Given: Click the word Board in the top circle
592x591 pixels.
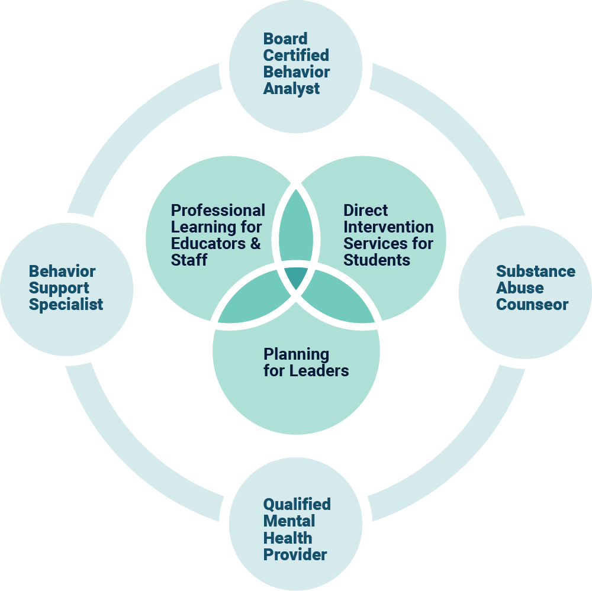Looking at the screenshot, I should (285, 39).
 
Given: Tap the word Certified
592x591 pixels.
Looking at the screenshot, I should (296, 56).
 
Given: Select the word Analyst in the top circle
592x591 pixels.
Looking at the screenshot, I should (291, 89).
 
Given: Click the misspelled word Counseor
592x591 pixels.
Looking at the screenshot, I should (532, 305).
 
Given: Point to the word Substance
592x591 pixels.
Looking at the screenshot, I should (536, 272).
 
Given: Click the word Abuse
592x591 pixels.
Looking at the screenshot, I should (520, 288).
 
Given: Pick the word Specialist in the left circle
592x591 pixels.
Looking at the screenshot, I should (66, 305).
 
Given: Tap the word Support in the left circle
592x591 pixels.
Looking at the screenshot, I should (59, 288).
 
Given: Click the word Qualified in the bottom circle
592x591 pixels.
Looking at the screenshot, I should (297, 505).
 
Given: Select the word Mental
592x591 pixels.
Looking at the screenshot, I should (289, 521).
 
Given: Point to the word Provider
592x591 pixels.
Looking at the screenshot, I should (295, 555).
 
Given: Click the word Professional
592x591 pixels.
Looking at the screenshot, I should (218, 211).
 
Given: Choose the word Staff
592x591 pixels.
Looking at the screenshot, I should (189, 260).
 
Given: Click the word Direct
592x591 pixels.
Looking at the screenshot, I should (366, 211).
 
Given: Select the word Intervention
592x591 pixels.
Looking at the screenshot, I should (388, 227).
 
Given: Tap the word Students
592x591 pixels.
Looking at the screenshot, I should (377, 260).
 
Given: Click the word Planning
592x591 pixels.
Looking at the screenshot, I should (296, 355).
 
